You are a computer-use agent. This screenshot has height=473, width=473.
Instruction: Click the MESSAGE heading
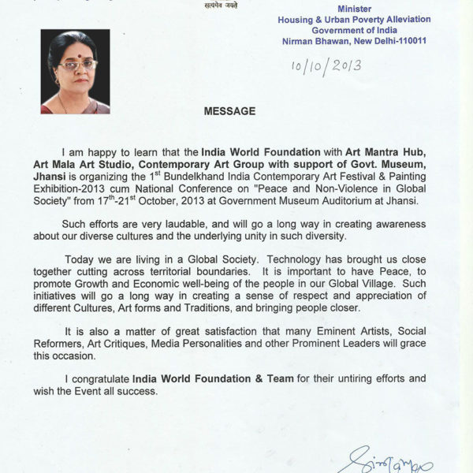229,111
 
